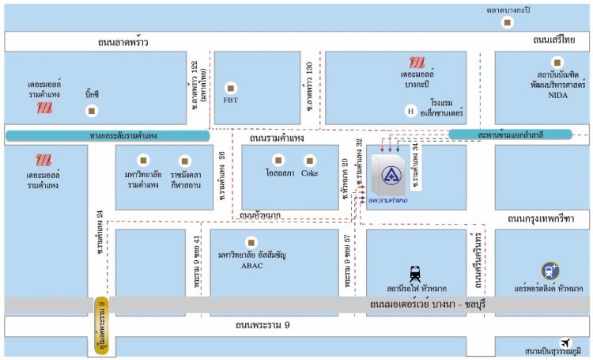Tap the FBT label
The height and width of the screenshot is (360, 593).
click(x=230, y=100)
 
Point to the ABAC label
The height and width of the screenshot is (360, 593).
click(x=251, y=266)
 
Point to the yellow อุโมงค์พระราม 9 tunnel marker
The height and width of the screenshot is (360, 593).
click(x=102, y=316)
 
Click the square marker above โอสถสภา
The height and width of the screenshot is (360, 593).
click(x=276, y=158)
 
